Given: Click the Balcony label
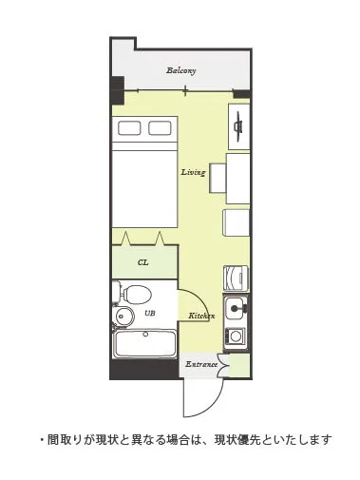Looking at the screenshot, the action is click(x=181, y=70).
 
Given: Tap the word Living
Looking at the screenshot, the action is click(x=193, y=172).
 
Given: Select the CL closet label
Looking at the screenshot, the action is click(x=143, y=262).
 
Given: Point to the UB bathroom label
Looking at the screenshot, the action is click(x=150, y=313).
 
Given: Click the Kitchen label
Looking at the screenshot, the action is click(x=201, y=316).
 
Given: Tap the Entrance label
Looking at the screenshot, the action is click(x=201, y=364).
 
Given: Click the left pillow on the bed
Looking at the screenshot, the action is click(x=129, y=128).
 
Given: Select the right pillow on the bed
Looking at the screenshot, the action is click(x=160, y=128).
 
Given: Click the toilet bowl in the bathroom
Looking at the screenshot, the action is click(x=137, y=294).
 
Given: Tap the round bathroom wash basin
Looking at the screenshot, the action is click(x=122, y=316).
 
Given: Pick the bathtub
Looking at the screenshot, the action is click(x=144, y=344).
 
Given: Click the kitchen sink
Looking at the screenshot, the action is click(x=236, y=308).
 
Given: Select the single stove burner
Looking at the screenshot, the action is click(x=236, y=336).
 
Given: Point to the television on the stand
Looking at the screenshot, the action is click(x=238, y=126).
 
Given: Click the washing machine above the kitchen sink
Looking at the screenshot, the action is click(x=236, y=278).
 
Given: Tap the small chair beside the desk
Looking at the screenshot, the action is click(x=218, y=178).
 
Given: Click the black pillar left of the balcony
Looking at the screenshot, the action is click(x=117, y=90).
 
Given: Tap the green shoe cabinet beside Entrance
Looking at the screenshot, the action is click(x=239, y=365).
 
